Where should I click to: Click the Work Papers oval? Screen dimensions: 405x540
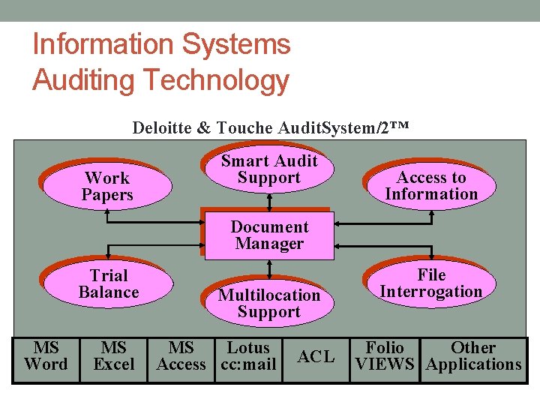(107, 187)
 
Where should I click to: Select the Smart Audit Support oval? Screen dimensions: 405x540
(268, 169)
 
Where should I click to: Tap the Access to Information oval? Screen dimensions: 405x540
(431, 186)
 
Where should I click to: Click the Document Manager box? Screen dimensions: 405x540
(269, 235)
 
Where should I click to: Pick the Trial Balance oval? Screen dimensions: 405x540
(109, 284)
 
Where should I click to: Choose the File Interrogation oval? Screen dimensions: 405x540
(430, 283)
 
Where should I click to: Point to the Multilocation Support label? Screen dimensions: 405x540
(268, 304)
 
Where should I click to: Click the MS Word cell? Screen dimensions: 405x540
(46, 356)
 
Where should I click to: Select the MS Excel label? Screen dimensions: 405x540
(114, 356)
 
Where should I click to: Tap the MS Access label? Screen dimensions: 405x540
(181, 356)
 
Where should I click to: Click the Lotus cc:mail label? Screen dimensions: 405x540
(248, 356)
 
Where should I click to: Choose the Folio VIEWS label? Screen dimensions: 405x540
(384, 356)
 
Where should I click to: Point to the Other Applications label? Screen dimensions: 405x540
(473, 356)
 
